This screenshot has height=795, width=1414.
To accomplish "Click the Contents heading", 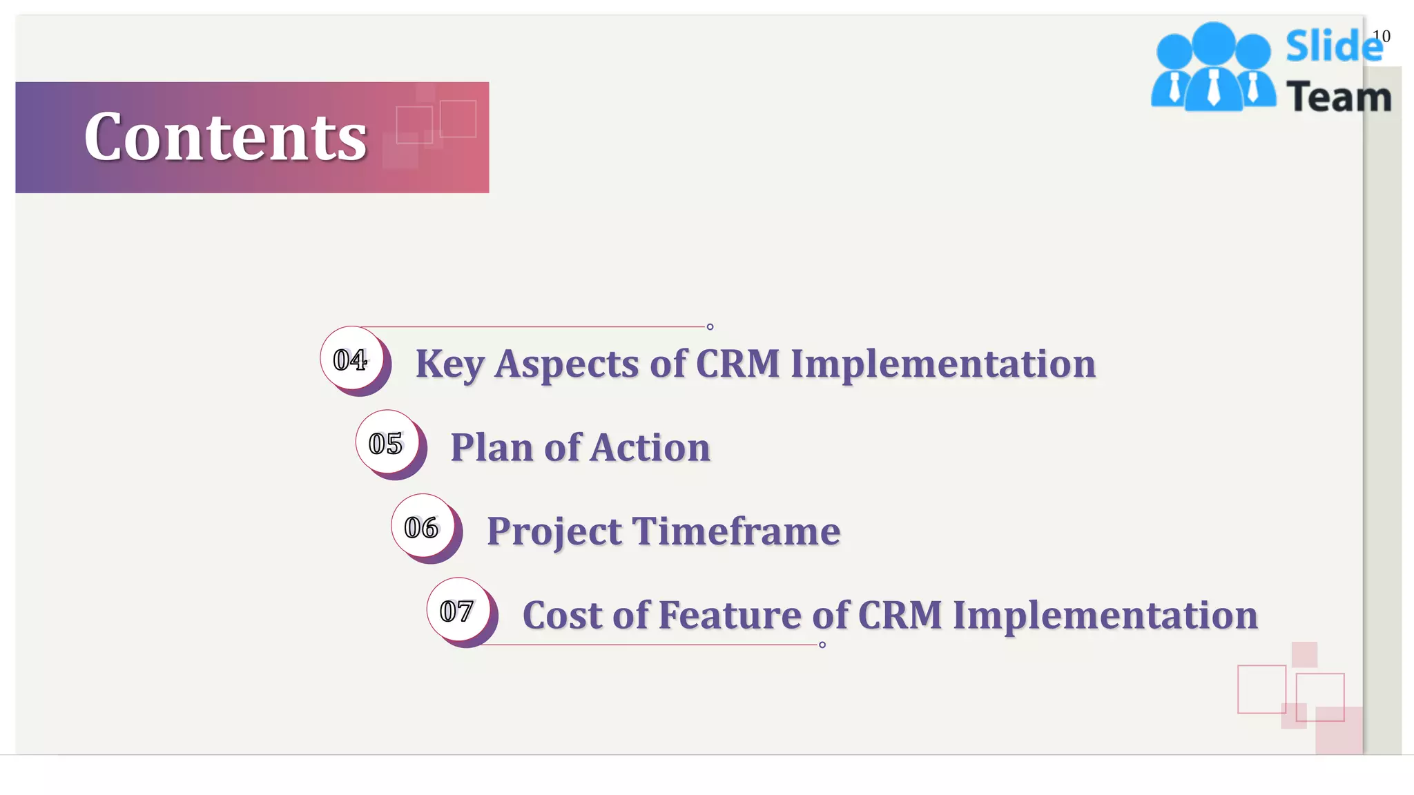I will point(225,137).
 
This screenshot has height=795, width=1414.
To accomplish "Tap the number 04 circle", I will point(351,359).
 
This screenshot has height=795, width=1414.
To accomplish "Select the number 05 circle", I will point(386,443).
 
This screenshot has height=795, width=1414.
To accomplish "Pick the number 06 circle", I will point(422,527).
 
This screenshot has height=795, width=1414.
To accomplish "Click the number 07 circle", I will point(457,611).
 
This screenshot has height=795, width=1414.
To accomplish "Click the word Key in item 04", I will point(449,364).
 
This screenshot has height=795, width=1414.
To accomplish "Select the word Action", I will point(650,447).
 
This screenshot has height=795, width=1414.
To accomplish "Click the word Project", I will point(554,532).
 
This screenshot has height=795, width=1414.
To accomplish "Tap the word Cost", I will point(562,615).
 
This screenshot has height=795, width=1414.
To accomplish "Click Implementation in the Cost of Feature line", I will point(1105,615).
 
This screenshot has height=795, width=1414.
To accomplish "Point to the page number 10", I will point(1382,36).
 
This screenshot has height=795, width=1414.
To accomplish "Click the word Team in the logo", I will point(1339,97).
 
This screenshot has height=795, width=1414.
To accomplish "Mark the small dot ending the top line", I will point(710,326).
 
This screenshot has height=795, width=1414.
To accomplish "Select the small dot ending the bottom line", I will point(822,645).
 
